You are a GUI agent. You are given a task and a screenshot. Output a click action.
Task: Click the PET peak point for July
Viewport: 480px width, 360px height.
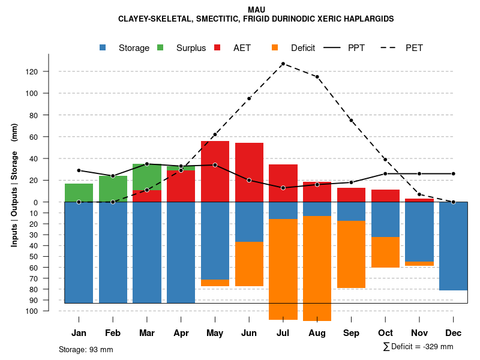click(x=283, y=64)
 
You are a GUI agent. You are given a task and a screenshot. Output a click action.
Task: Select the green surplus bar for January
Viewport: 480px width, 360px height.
click(x=79, y=193)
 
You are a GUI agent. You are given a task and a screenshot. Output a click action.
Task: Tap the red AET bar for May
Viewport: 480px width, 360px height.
click(x=215, y=172)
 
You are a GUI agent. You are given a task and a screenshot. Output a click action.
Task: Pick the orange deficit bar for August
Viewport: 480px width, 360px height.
click(x=317, y=268)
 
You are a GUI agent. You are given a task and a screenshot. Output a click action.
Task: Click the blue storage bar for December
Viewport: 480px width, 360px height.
click(x=453, y=246)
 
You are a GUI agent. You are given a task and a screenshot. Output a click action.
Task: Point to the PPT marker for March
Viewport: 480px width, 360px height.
click(x=147, y=164)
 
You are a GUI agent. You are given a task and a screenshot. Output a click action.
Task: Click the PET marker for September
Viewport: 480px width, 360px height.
click(x=351, y=121)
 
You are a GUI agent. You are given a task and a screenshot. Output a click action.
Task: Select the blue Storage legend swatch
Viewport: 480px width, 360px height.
click(x=104, y=47)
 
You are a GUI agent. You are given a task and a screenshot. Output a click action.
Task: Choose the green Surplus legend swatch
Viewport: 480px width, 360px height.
click(x=161, y=47)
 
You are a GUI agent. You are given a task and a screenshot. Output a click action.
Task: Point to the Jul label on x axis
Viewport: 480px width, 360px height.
click(x=283, y=333)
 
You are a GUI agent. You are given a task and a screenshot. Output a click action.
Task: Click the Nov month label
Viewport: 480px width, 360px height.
click(x=419, y=333)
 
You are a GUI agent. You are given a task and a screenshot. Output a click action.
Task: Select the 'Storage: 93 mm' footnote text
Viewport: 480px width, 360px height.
click(x=86, y=349)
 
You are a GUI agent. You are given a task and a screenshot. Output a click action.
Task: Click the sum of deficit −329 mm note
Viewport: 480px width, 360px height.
click(x=418, y=347)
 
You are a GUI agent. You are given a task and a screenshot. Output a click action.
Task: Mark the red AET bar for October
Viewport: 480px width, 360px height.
click(x=385, y=196)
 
